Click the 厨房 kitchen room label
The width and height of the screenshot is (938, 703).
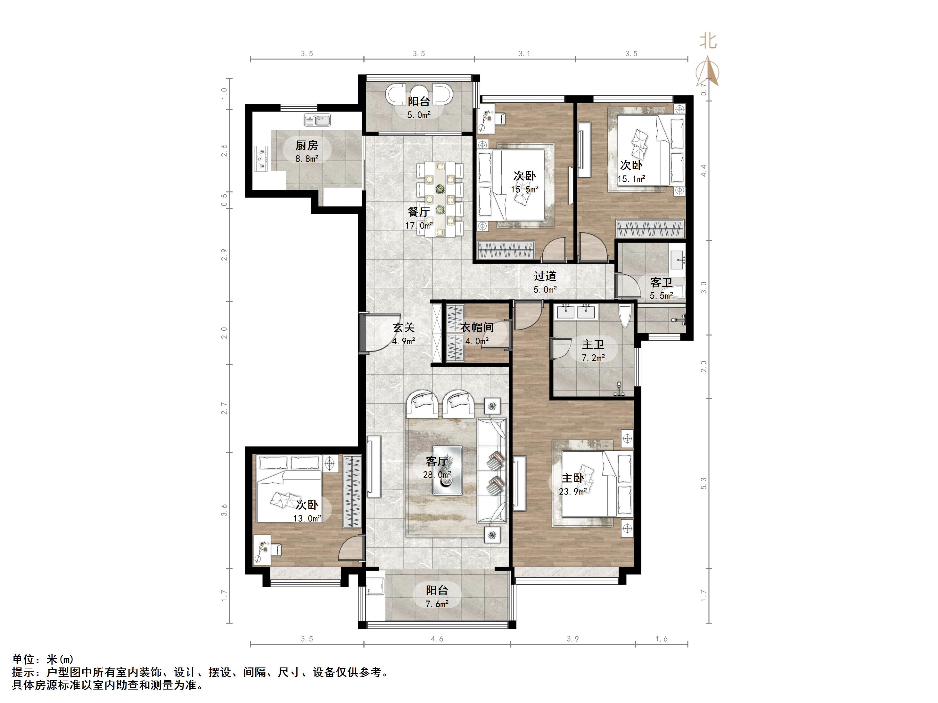coord(307,145)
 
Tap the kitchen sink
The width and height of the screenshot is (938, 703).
coord(317,120)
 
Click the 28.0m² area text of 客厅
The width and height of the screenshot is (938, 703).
coord(437,475)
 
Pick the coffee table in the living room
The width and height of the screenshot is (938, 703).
coord(447,470)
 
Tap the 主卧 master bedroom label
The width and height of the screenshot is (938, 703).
coord(573,478)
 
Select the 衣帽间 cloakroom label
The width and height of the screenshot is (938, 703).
coord(477,327)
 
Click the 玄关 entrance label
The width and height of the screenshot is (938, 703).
coord(403,327)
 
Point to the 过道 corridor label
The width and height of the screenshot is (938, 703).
coord(545,276)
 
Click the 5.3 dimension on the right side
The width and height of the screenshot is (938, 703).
coord(704,483)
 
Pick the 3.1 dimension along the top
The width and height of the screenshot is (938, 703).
coord(524,53)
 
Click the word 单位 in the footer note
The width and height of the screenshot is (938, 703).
coord(23,659)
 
